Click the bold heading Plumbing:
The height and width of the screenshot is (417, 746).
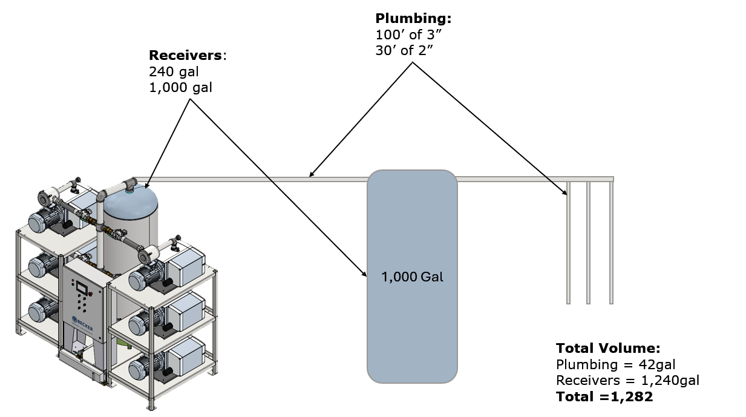coord(413,19)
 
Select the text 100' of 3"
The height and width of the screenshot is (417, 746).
coord(408,34)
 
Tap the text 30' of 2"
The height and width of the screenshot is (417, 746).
coord(404,51)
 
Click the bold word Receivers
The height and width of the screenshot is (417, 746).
coord(185,55)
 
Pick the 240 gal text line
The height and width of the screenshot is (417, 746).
coord(174,71)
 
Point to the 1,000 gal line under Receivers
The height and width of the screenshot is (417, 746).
coord(180,88)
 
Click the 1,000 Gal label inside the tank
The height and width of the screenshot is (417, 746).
coord(412,277)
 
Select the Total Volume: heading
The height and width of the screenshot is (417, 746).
coord(608,349)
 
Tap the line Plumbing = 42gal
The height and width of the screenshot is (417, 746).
coord(615,365)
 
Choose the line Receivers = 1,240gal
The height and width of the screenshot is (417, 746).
coord(627,381)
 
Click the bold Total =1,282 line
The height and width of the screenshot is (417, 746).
coord(604,397)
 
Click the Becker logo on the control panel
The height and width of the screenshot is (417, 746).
coord(83,323)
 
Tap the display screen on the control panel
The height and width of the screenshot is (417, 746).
coord(82,287)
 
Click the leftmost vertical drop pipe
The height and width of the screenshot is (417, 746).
coord(568,243)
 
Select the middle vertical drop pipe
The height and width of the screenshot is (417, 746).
coord(588,243)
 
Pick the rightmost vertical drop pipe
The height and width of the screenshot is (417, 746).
coord(611,243)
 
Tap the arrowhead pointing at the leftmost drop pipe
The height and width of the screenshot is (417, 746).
coord(564,192)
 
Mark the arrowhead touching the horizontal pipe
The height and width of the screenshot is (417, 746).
coord(312,174)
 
